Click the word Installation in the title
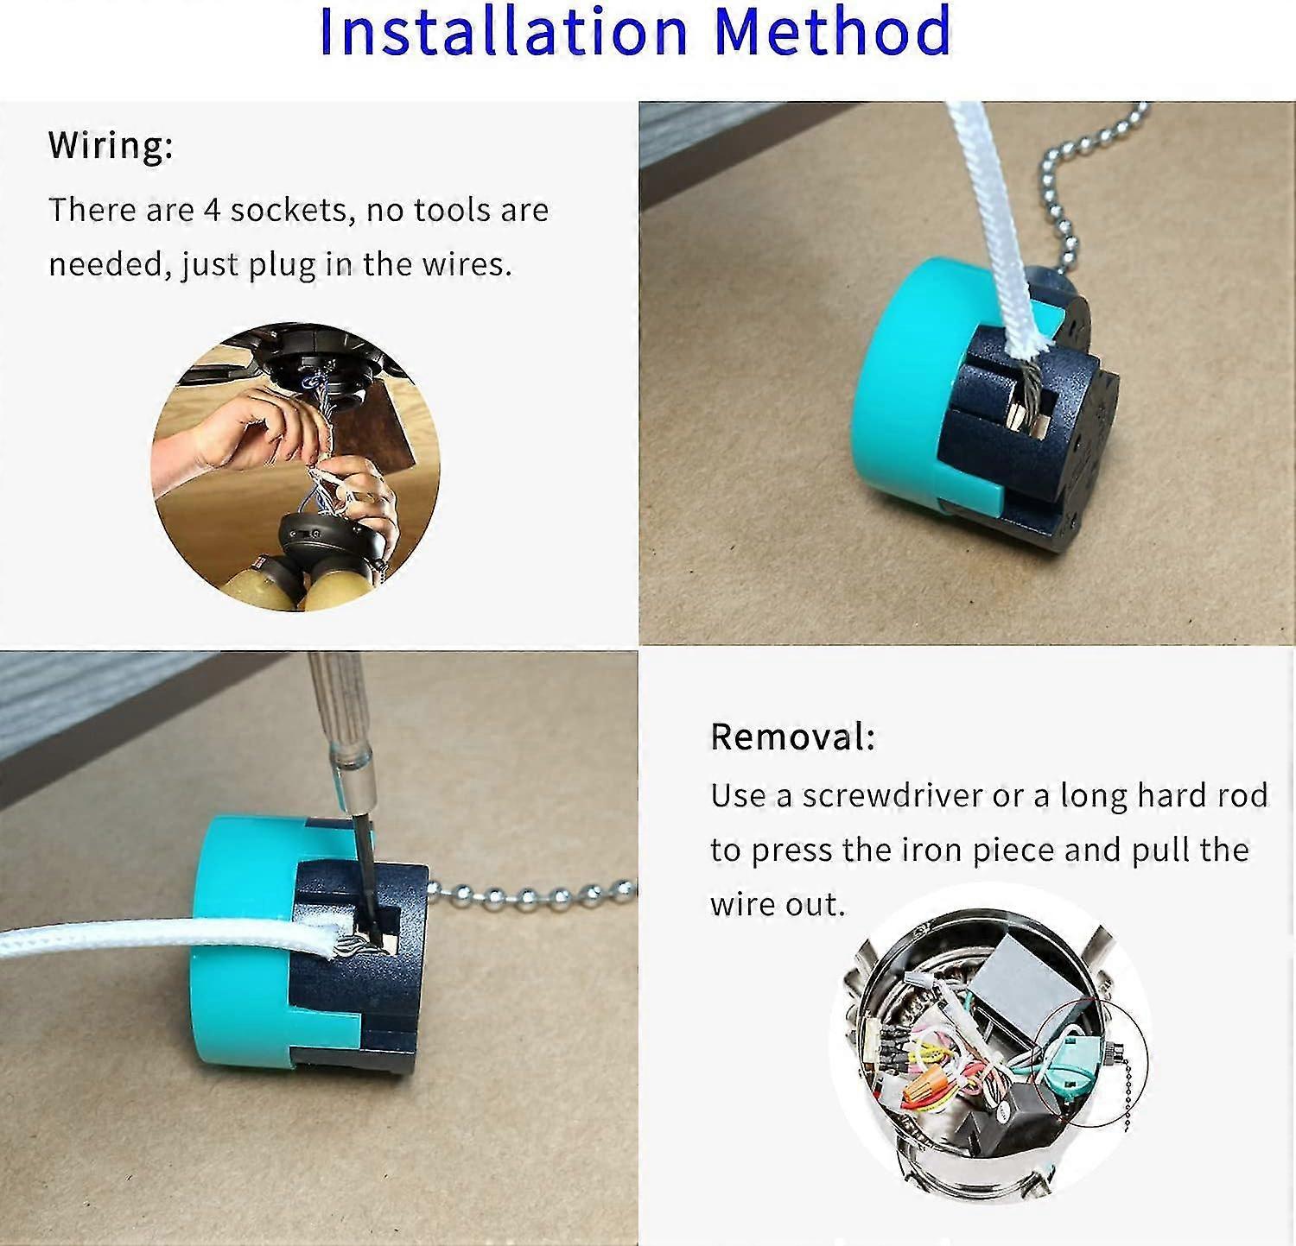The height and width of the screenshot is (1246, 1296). [x=503, y=32]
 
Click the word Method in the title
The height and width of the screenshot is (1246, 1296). [x=832, y=32]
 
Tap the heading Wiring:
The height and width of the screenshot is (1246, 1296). [x=111, y=145]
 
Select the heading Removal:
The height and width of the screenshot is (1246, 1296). [x=792, y=737]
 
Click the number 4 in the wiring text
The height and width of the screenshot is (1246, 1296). [x=212, y=210]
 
